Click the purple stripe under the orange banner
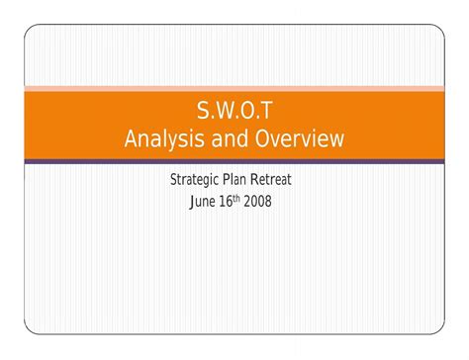click(234, 160)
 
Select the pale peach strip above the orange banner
click(234, 89)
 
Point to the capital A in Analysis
click(133, 139)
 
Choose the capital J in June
click(190, 202)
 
